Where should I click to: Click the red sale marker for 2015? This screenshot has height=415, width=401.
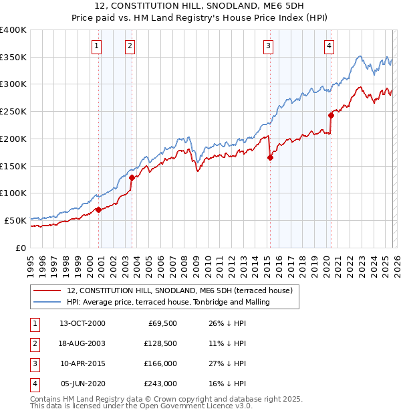pyautogui.click(x=270, y=158)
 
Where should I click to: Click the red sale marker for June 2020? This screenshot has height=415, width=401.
pyautogui.click(x=331, y=115)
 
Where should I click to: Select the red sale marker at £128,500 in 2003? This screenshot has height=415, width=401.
pyautogui.click(x=132, y=178)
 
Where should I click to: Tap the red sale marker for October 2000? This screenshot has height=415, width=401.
pyautogui.click(x=98, y=210)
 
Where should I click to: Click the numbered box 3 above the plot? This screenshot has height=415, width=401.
pyautogui.click(x=268, y=46)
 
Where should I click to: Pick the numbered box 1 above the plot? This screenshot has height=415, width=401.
pyautogui.click(x=97, y=46)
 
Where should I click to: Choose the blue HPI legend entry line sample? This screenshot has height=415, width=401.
pyautogui.click(x=47, y=303)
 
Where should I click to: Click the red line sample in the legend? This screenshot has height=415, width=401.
pyautogui.click(x=47, y=290)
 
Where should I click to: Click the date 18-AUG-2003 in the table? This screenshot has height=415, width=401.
pyautogui.click(x=81, y=343)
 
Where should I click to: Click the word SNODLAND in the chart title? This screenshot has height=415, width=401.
pyautogui.click(x=198, y=6)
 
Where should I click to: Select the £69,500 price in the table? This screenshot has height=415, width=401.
pyautogui.click(x=161, y=323)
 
